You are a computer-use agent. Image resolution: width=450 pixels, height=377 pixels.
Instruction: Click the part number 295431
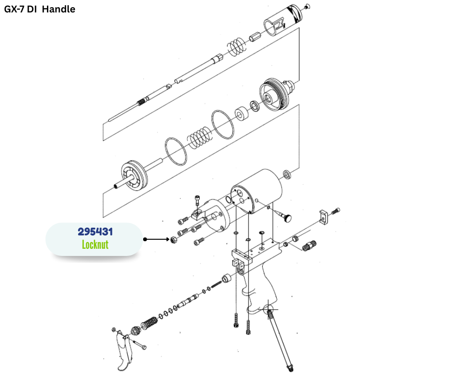click(x=95, y=232)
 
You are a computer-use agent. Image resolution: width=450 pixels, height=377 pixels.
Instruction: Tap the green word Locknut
click(x=95, y=244)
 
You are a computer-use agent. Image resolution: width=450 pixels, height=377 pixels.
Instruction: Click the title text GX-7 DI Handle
click(x=40, y=9)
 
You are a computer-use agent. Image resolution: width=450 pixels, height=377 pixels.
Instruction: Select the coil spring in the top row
click(x=236, y=46)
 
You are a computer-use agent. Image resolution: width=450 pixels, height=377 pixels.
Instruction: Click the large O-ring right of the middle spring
click(x=223, y=123)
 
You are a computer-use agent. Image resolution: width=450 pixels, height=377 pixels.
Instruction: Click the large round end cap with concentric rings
click(x=273, y=93)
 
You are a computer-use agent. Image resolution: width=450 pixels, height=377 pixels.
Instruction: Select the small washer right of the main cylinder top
click(x=287, y=173)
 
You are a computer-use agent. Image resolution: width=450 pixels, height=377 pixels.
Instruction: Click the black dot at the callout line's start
click(x=145, y=239)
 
